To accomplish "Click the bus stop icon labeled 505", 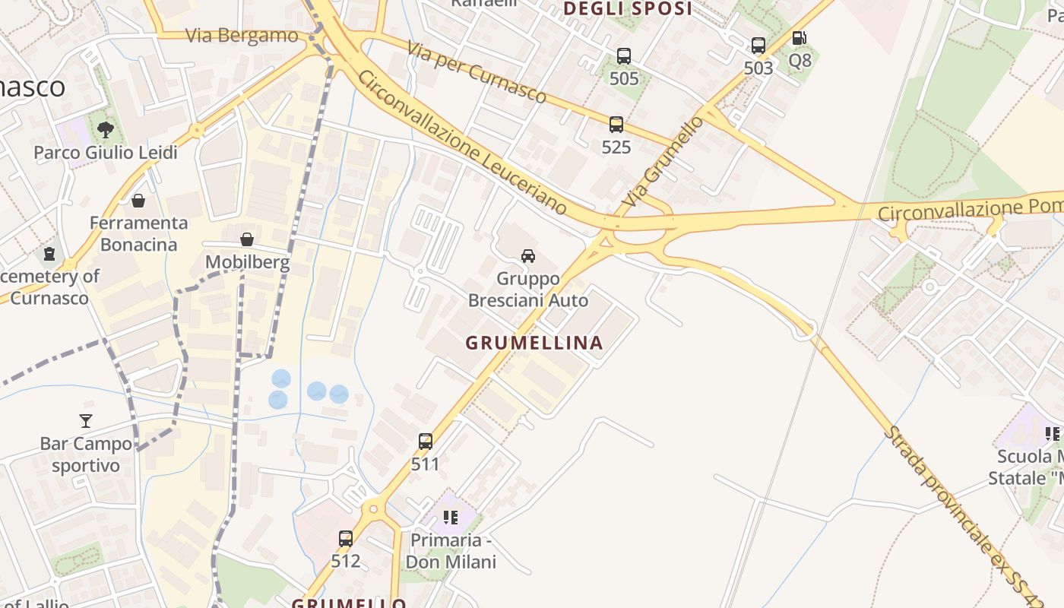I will pos(624,56).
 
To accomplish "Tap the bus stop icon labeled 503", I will pos(758,46).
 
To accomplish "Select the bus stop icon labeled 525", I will pos(616,125).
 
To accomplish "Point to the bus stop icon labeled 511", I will pos(426,441).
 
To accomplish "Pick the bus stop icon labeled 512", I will pos(346,539).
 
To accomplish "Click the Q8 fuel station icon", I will pos(799,38).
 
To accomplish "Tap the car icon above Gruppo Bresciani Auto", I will pos(528,255).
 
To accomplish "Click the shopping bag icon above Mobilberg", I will pos(247,240).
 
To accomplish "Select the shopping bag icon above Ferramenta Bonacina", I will pos(138,201).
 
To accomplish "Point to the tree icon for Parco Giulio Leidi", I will pos(106,130).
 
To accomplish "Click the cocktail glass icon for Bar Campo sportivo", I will pos(86,420).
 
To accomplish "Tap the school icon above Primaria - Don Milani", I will pos(451,518).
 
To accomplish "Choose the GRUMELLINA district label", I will pos(534,343).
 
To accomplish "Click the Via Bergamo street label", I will pos(242,36).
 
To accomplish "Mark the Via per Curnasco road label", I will pos(477,72).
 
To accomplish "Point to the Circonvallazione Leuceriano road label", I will pos(462,143).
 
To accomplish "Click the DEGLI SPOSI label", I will pos(628,9).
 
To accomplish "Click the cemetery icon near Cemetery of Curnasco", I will pos(49,253).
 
